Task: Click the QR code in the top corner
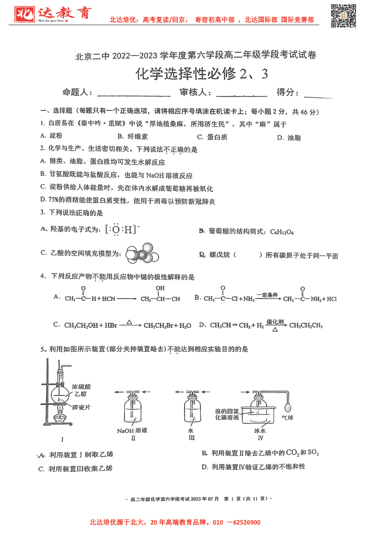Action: click(x=344, y=16)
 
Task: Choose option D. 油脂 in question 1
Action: click(x=289, y=138)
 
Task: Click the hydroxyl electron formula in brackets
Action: click(x=123, y=229)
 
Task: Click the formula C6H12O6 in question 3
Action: click(x=279, y=232)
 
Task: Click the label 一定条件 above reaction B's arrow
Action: click(x=267, y=295)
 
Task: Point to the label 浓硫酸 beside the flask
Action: click(x=81, y=386)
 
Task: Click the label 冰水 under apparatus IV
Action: click(x=260, y=431)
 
